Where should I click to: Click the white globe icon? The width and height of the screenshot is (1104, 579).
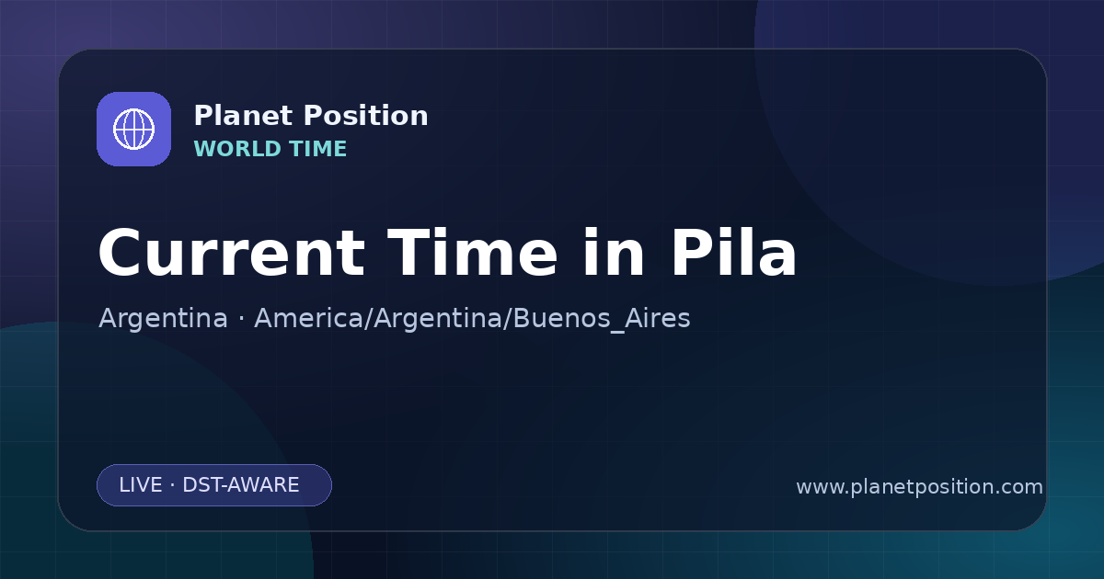click(x=133, y=129)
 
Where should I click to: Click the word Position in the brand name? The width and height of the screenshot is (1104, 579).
click(x=366, y=116)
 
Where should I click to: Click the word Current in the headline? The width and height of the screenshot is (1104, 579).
click(x=232, y=254)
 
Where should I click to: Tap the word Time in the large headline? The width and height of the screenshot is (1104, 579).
click(x=472, y=253)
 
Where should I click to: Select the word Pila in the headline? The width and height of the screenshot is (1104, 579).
click(x=733, y=253)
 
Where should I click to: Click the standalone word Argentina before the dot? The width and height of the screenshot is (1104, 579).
click(x=163, y=318)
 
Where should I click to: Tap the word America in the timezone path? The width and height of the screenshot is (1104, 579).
click(x=309, y=318)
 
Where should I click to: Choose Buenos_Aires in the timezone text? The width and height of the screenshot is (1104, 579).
click(x=602, y=319)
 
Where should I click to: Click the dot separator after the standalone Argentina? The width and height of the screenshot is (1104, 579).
click(x=241, y=319)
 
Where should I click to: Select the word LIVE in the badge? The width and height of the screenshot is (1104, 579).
click(x=141, y=485)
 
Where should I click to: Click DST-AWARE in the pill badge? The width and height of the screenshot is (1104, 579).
click(x=241, y=485)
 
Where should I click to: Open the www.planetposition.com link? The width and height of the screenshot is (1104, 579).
click(x=919, y=487)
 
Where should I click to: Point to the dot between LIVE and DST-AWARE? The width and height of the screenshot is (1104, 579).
click(x=173, y=485)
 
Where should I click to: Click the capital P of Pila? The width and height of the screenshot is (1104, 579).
click(x=693, y=253)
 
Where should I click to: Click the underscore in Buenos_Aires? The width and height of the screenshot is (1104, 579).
click(x=617, y=332)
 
